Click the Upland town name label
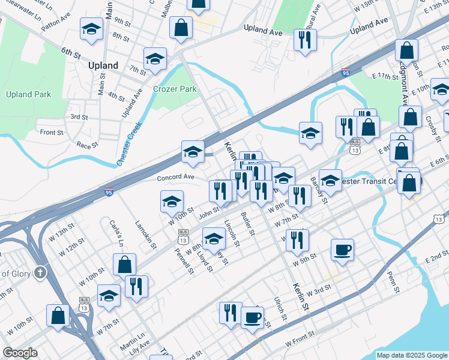103,65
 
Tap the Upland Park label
28,94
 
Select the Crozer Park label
175,89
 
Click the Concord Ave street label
175,178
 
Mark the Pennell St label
184,259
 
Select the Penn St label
393,281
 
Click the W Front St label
300,337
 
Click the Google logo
20,353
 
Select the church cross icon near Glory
41,272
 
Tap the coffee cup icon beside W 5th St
342,249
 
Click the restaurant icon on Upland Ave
305,39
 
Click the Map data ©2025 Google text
411,355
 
